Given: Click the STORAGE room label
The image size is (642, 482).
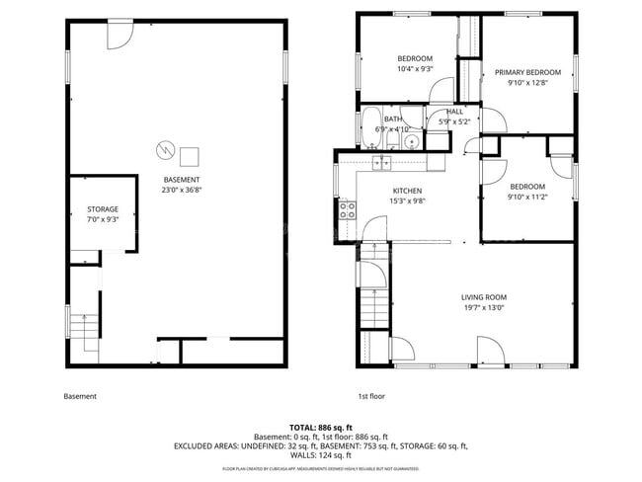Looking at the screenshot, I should pos(103,209).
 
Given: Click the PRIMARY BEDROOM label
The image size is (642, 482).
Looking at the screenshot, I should pos(527,72).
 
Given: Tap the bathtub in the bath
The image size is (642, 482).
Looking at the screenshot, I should pos(374,126).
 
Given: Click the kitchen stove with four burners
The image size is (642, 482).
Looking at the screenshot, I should pos(348,208).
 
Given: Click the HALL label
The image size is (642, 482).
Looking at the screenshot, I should pos(454,112).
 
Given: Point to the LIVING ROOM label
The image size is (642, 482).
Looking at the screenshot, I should pos(483,297).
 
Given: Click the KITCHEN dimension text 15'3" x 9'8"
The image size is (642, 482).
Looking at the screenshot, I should pos(407,201).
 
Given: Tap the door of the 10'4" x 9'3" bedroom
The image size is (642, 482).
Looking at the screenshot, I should pos(438,91).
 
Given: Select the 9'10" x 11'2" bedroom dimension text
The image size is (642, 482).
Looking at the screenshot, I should pos(527,197).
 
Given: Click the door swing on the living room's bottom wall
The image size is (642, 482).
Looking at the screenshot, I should pos(489,350).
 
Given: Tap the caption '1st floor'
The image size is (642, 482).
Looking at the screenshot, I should pos(371,396).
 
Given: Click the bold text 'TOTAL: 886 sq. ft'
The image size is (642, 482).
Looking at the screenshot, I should pos(320,428).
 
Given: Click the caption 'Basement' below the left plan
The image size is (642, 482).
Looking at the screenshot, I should pos(80,396).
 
